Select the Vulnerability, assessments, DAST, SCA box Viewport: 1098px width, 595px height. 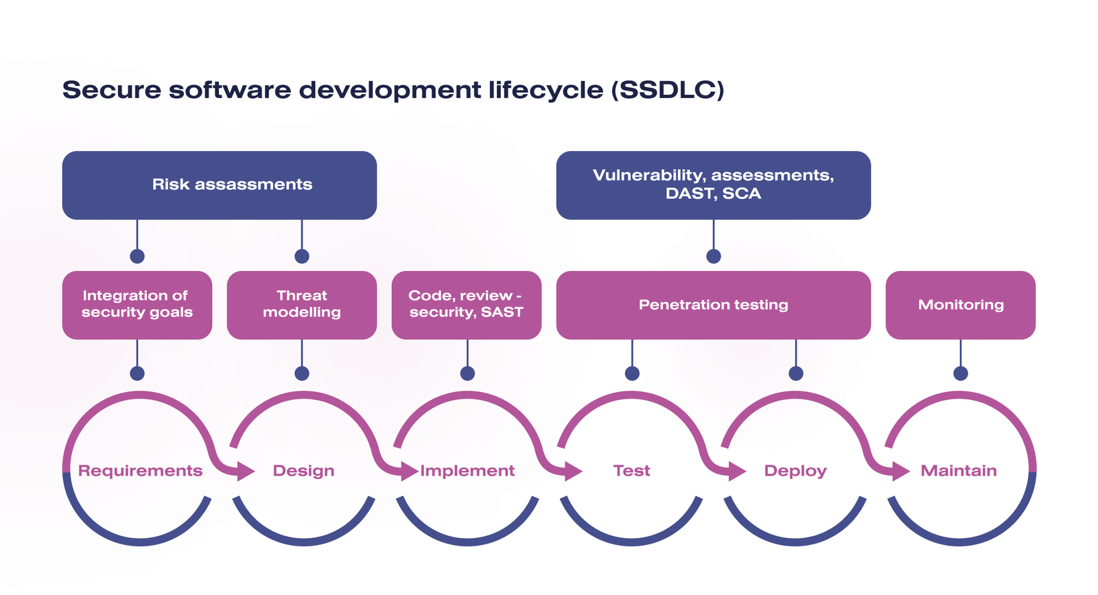(713, 185)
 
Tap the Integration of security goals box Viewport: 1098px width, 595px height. (137, 305)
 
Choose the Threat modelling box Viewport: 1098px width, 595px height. (302, 305)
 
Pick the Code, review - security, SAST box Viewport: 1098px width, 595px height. (467, 305)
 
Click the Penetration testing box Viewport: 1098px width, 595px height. (713, 305)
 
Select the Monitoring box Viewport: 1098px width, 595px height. (960, 305)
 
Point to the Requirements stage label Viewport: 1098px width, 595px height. (140, 471)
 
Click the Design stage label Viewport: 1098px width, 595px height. (303, 471)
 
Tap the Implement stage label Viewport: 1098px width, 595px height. (467, 471)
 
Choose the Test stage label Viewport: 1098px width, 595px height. (631, 471)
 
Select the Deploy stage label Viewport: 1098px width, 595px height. (795, 471)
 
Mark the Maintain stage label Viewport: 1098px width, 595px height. (959, 471)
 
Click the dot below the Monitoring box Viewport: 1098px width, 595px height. (961, 373)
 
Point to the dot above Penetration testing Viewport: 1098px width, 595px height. (714, 257)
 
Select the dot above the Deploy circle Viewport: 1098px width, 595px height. (796, 373)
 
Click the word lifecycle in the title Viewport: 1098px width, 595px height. (546, 90)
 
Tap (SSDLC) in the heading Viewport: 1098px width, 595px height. (668, 90)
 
